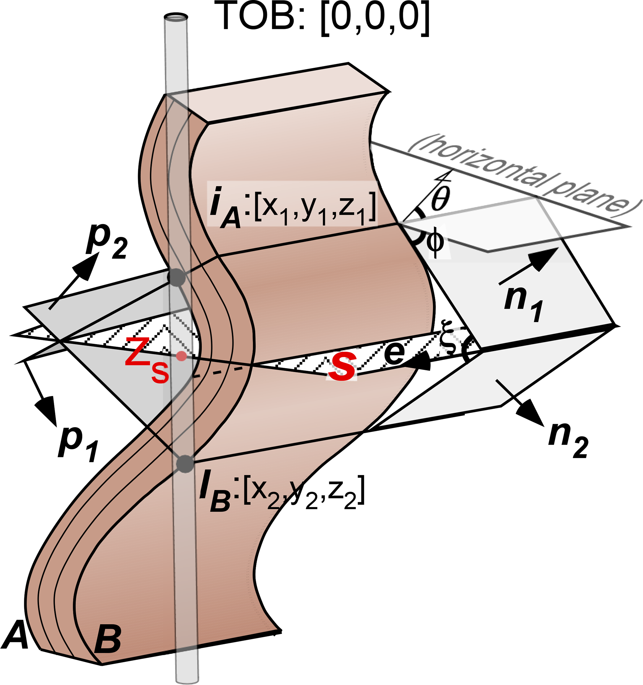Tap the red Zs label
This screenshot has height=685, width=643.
click(147, 360)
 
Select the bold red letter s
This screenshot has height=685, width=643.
click(341, 368)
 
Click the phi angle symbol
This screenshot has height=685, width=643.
click(435, 243)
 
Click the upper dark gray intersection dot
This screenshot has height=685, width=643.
click(176, 277)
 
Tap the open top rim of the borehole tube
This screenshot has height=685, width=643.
click(176, 16)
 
